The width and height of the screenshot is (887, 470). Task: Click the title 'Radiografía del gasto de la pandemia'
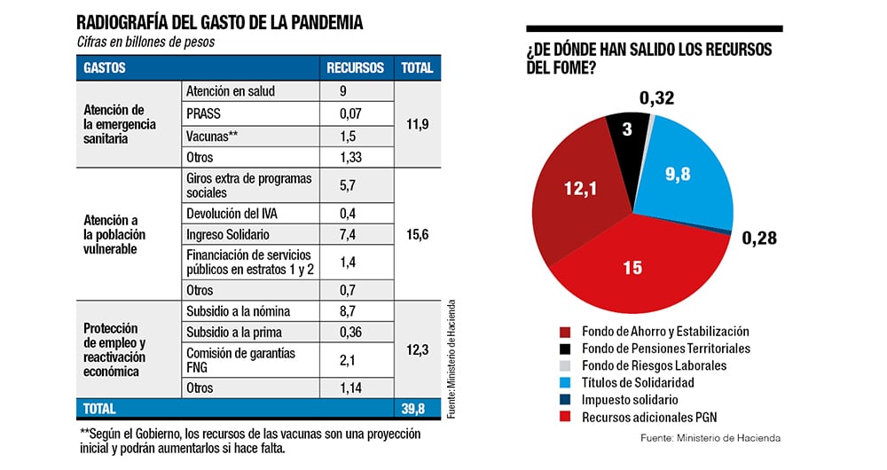pos(220,22)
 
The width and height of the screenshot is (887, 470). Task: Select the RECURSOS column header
pos(355,67)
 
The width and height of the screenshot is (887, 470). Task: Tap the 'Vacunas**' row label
pos(212,137)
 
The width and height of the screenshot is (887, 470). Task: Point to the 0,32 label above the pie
pos(658,98)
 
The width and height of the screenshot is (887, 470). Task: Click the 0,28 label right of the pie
pos(759,238)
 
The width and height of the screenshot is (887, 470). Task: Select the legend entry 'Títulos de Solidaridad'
pos(638,382)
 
